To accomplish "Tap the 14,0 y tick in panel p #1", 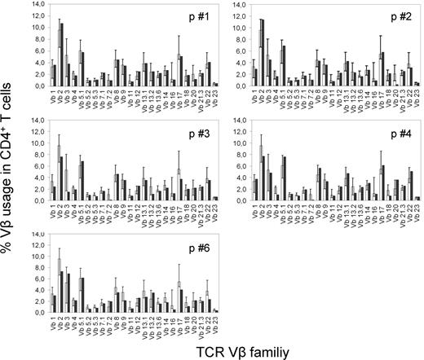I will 34,7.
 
